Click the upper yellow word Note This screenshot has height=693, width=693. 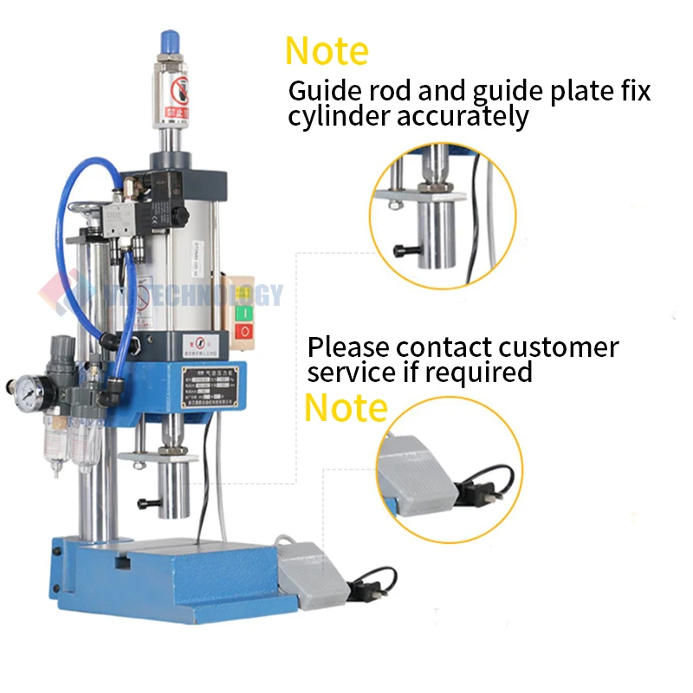(327, 51)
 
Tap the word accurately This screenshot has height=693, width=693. (463, 117)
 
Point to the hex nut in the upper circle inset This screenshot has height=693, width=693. (428, 185)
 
